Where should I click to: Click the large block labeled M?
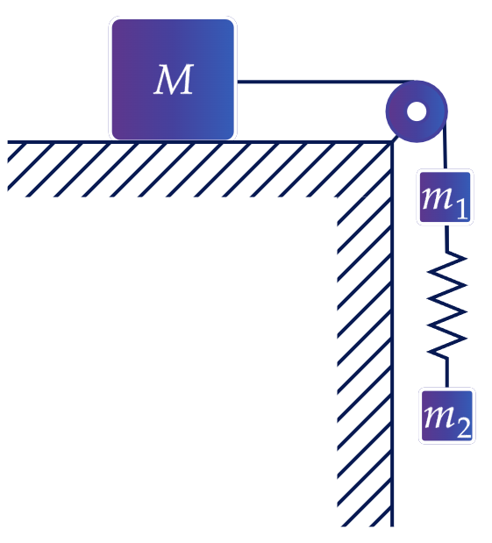tap(173, 79)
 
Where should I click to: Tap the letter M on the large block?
tap(174, 79)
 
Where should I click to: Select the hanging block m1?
tap(445, 196)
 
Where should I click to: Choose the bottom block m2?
tap(446, 416)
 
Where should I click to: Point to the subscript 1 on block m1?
tap(462, 209)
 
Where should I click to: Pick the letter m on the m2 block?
tap(439, 417)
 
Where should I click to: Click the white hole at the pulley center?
tap(417, 111)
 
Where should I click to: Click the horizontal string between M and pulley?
tap(325, 82)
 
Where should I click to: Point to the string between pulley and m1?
tap(446, 145)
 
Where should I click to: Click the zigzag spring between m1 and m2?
tap(447, 304)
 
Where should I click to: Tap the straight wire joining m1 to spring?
tap(447, 239)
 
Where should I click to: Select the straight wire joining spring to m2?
tap(447, 373)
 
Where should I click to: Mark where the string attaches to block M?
tap(238, 82)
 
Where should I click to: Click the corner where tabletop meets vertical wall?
tap(392, 142)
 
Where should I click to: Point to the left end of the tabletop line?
tap(8, 142)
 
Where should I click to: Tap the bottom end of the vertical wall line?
tap(392, 526)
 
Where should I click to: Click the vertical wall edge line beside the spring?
tap(392, 334)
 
